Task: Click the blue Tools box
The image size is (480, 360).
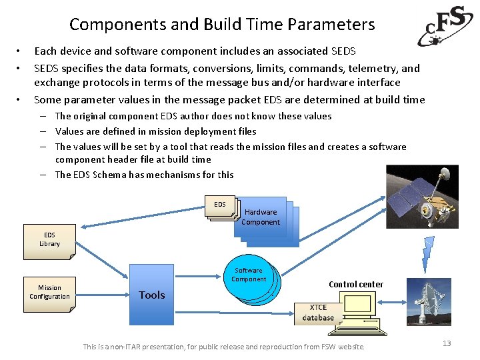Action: coord(152,295)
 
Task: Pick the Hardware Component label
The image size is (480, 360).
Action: coord(261,217)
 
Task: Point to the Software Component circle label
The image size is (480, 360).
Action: coord(249,275)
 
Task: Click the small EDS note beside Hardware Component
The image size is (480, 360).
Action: coord(220,205)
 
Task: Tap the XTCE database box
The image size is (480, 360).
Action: coord(318,313)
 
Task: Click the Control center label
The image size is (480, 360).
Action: coord(356,285)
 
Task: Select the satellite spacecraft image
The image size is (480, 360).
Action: coord(427,200)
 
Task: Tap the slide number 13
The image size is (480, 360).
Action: coord(447,343)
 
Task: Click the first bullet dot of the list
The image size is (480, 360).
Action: coord(20,51)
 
